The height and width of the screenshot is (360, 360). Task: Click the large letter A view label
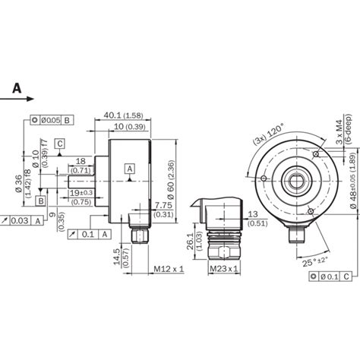(15, 89)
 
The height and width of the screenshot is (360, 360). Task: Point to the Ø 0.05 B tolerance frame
(52, 120)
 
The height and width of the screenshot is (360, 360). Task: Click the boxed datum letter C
(60, 142)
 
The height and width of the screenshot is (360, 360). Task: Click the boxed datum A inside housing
(130, 168)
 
